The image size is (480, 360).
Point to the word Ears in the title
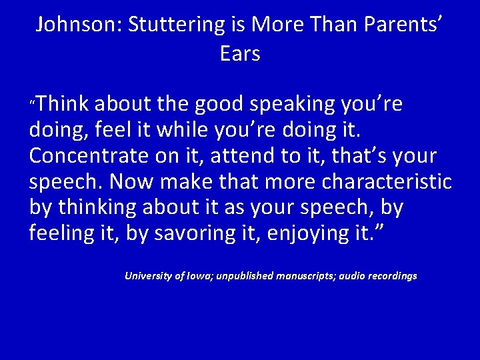click(x=240, y=53)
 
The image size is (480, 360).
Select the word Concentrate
click(x=89, y=157)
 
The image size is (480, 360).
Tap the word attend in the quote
click(x=256, y=157)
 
